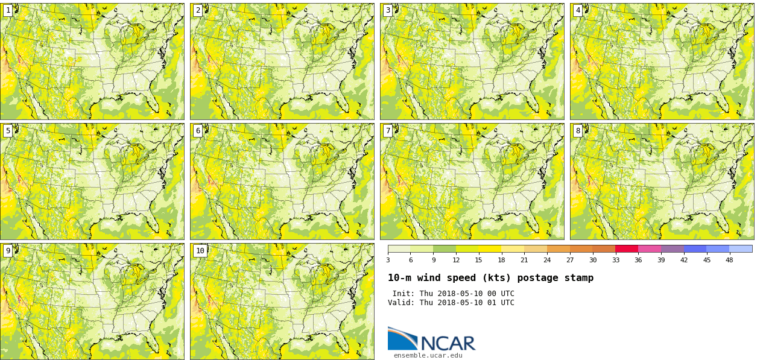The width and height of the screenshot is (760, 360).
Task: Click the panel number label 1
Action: coord(8,10)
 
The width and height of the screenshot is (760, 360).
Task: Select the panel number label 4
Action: coord(578,10)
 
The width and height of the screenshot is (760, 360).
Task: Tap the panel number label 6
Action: coord(198,131)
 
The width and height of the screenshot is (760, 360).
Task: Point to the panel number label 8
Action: coord(578,131)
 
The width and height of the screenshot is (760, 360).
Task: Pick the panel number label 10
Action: coord(200,251)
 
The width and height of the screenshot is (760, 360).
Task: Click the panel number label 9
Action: coord(8,251)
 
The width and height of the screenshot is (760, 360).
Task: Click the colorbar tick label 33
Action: coord(615,261)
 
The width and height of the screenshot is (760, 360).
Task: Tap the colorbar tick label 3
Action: coord(388,261)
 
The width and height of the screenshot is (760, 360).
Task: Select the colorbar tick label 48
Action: coord(729,261)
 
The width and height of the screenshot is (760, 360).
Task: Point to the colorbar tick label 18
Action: coord(501,261)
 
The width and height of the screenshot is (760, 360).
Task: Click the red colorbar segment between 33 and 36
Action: coord(627,248)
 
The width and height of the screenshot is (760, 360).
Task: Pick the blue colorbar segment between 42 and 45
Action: coord(695,248)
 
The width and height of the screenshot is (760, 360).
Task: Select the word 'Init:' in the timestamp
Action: coord(404,294)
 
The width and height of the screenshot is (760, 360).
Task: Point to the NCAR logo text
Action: coord(448,344)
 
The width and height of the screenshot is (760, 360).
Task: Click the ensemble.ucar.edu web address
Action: coord(428,356)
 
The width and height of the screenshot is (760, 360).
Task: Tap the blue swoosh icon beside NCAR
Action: coord(402,339)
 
